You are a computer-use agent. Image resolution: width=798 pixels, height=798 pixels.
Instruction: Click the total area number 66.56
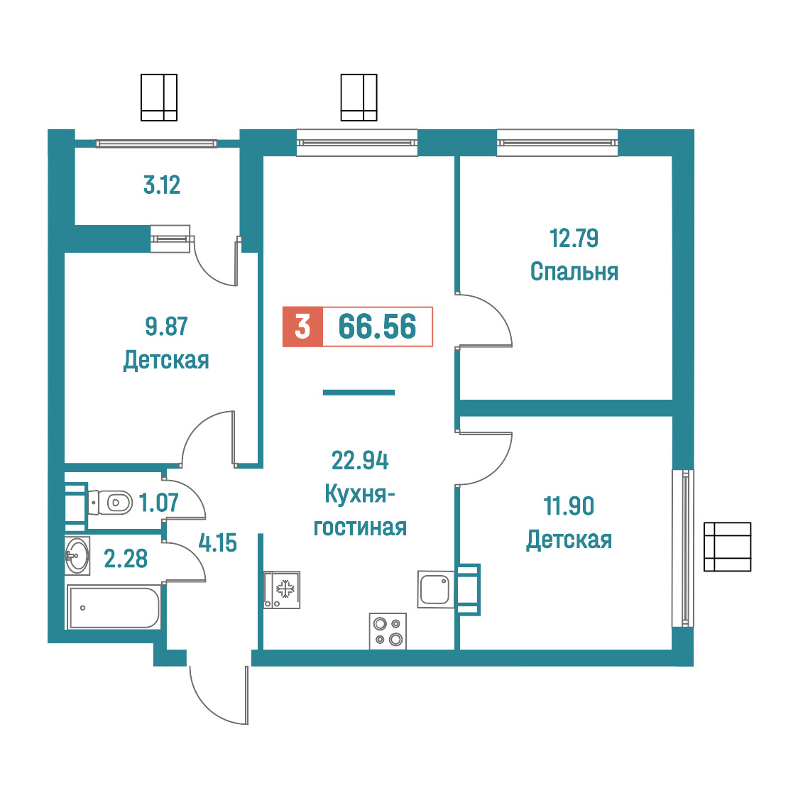click(x=377, y=327)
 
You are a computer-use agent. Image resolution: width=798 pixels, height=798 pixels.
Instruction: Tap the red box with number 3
click(x=303, y=327)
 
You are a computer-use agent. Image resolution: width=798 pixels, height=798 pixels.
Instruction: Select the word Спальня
click(x=574, y=272)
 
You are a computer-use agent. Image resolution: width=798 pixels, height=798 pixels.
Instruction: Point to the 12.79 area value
click(x=574, y=238)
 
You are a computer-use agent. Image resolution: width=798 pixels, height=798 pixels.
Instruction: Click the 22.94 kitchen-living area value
click(x=360, y=461)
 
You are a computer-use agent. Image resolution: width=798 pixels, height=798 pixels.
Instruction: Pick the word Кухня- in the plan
click(x=360, y=493)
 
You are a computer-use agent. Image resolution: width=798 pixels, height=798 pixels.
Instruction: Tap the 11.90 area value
click(x=569, y=506)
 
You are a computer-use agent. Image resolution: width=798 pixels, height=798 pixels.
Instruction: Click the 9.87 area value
click(x=166, y=326)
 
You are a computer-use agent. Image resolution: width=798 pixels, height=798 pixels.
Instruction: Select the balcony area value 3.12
click(x=162, y=185)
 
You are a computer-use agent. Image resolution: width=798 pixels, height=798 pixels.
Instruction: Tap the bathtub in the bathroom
click(x=114, y=608)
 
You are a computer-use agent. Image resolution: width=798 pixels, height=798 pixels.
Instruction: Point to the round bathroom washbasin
click(x=77, y=556)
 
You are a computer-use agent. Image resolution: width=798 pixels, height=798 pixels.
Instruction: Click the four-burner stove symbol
click(x=388, y=631)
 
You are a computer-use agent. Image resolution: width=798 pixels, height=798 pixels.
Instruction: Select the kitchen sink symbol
click(x=436, y=589)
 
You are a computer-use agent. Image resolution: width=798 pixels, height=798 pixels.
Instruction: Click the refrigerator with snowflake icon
click(x=282, y=590)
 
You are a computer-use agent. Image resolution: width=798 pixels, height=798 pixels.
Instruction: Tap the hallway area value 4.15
click(x=217, y=544)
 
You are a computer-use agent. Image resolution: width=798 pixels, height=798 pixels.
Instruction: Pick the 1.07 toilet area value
click(x=159, y=503)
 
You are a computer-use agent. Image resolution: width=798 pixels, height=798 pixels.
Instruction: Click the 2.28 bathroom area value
click(x=126, y=559)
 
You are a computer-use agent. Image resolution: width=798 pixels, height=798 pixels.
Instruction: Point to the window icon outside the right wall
click(x=727, y=547)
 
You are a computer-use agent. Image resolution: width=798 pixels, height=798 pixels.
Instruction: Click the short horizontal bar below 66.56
click(x=359, y=393)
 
